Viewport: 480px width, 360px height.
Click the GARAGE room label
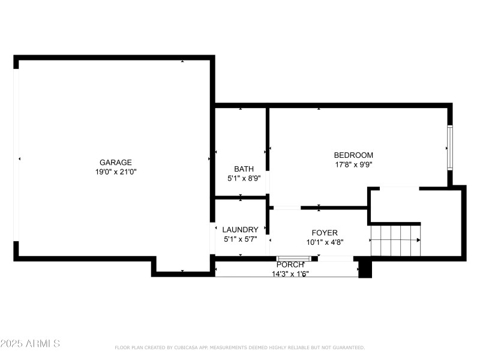click(115, 162)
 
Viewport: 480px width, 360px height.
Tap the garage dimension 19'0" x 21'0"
click(115, 172)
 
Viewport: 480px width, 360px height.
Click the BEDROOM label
click(353, 155)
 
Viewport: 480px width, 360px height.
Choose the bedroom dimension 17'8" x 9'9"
click(353, 164)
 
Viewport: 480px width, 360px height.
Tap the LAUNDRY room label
click(240, 230)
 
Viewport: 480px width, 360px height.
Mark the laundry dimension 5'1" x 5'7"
click(240, 239)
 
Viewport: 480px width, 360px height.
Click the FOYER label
click(324, 233)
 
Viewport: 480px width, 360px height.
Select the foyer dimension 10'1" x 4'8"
click(324, 242)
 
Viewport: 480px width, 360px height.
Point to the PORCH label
click(289, 265)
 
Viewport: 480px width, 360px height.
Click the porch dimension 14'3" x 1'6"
click(289, 274)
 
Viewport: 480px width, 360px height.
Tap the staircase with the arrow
click(395, 240)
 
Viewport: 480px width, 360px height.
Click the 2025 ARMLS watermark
click(30, 344)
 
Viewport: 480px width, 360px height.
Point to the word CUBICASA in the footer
click(186, 347)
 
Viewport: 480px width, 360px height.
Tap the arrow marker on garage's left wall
click(19, 159)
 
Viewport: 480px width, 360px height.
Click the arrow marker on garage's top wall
click(182, 61)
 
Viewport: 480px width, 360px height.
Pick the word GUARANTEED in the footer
click(348, 347)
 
